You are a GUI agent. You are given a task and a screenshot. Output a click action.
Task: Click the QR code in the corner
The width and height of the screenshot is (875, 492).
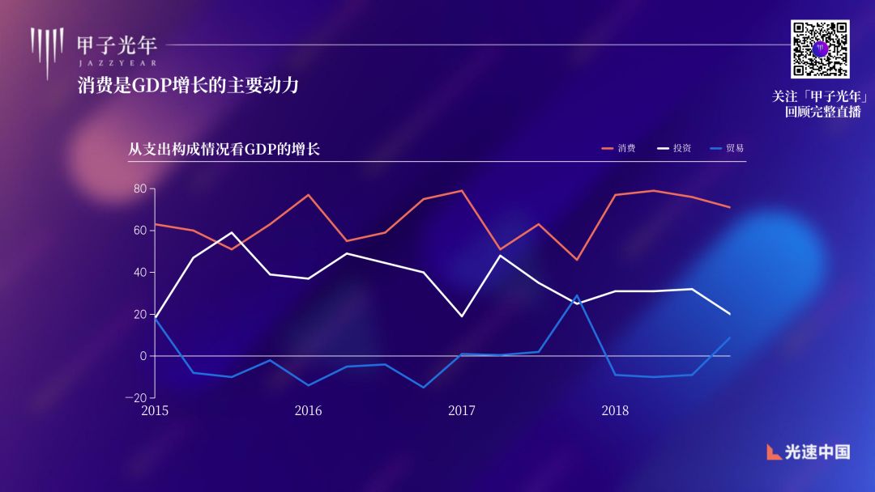tap(820, 49)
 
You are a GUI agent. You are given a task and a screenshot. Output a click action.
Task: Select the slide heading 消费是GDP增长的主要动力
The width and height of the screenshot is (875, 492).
tap(188, 85)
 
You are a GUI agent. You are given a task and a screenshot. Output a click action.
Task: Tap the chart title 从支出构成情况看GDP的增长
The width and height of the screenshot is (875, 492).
tap(224, 149)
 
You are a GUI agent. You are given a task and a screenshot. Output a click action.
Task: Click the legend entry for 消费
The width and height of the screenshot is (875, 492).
tap(619, 149)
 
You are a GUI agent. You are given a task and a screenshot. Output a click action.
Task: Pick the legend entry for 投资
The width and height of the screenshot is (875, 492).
tap(674, 149)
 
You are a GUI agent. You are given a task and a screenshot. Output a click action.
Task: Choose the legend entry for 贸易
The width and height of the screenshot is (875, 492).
tap(727, 149)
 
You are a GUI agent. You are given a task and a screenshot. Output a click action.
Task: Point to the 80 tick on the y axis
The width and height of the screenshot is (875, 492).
tap(139, 189)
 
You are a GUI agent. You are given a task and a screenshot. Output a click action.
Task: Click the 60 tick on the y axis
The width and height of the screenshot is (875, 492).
tap(139, 231)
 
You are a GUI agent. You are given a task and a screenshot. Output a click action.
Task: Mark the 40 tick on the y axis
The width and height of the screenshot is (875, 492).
tap(139, 273)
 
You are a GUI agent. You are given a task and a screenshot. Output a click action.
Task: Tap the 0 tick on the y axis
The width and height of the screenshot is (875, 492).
tap(143, 356)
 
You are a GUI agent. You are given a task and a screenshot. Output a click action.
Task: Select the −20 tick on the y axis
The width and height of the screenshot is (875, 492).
tap(136, 397)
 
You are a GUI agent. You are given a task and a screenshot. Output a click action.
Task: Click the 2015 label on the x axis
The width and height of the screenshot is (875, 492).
tap(155, 411)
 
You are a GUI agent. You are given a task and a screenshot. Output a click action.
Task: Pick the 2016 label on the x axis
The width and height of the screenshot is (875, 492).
tap(308, 411)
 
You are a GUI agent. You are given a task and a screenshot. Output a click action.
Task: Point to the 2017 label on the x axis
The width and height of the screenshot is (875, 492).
tap(462, 411)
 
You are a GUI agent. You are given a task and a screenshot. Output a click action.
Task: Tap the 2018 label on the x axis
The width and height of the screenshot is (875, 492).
tap(615, 411)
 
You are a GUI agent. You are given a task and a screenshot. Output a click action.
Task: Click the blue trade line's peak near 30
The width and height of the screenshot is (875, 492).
tap(577, 295)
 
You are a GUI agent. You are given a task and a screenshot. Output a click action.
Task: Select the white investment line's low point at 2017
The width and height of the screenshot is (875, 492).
tap(462, 316)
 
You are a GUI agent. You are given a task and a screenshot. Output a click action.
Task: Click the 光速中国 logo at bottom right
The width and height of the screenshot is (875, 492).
tap(808, 452)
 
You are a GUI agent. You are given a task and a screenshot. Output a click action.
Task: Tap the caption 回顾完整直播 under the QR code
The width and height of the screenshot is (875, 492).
tap(822, 112)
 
